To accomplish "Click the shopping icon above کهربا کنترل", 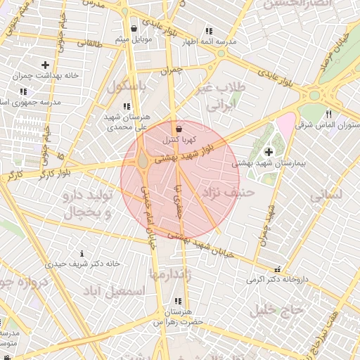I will pos(179,129).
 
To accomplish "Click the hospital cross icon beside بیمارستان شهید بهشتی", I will pos(269,152).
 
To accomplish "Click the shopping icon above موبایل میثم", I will pos(134,29).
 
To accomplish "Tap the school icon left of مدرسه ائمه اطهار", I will pos(209,31).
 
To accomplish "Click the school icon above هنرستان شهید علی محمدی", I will pos(127,106).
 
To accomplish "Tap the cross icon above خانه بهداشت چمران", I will pos(45,65).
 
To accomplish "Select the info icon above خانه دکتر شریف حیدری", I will pos(82,253).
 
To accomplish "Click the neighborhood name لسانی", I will pos(326,195).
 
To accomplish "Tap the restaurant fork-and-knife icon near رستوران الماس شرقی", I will pos(328,114).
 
